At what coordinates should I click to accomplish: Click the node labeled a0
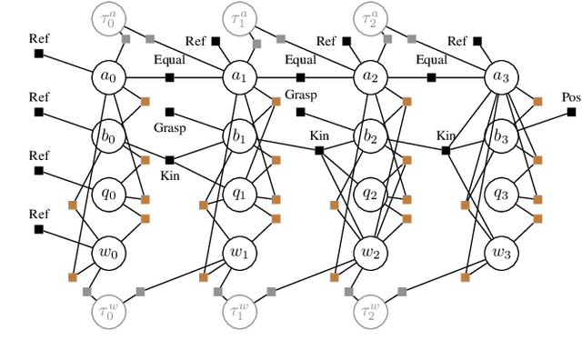108,77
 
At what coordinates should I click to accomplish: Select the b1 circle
238,136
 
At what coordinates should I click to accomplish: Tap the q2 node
369,193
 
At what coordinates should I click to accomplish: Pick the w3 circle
500,252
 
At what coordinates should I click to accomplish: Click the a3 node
500,77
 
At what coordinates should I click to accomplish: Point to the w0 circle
108,252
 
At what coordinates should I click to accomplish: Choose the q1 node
238,193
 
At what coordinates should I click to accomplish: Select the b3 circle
500,136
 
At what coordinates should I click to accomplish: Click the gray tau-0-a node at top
108,19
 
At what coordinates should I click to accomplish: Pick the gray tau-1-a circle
238,19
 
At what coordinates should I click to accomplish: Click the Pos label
570,97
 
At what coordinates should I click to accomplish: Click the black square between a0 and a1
170,77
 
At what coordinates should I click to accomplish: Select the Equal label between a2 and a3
431,62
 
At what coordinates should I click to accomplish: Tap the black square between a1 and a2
300,77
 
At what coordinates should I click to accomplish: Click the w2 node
369,252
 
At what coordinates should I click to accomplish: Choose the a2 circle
369,77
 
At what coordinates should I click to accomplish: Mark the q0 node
108,193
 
